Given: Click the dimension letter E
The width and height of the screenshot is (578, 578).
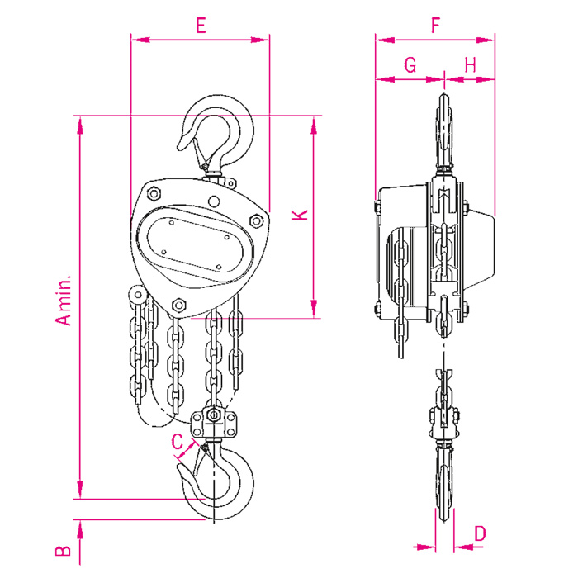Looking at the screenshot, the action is (x=201, y=26).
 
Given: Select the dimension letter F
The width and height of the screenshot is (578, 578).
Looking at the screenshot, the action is (x=436, y=26).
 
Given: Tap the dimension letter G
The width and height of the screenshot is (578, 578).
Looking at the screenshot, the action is (x=410, y=65).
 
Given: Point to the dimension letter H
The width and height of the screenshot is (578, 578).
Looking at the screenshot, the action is (x=471, y=65).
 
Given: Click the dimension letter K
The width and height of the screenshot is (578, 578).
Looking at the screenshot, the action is (x=301, y=215).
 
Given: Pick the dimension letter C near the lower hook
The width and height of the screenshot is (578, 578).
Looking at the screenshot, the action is (x=178, y=441).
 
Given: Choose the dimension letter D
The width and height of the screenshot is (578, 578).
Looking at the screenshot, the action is (x=480, y=533).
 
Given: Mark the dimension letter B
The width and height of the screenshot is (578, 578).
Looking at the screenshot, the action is (x=63, y=551).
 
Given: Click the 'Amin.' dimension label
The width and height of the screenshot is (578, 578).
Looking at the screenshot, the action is (x=64, y=301).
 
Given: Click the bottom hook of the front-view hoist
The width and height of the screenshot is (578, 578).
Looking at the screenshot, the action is (x=216, y=479).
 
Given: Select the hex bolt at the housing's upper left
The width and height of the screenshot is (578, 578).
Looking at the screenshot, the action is (x=154, y=193).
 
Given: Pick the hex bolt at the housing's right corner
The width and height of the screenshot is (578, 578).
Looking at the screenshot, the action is (x=256, y=221).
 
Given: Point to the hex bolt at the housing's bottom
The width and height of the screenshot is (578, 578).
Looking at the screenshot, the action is (x=179, y=305).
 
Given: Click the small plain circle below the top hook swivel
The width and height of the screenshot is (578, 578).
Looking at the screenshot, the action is (x=214, y=201).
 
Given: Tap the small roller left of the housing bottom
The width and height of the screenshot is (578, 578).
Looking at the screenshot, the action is (x=138, y=295).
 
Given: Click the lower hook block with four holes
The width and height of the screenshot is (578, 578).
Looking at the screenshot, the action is (x=213, y=423).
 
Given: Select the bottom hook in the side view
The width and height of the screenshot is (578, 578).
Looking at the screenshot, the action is (x=444, y=481).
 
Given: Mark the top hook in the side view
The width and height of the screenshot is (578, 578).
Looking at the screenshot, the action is (x=444, y=133).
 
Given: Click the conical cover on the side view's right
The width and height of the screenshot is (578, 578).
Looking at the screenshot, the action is (x=479, y=251).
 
